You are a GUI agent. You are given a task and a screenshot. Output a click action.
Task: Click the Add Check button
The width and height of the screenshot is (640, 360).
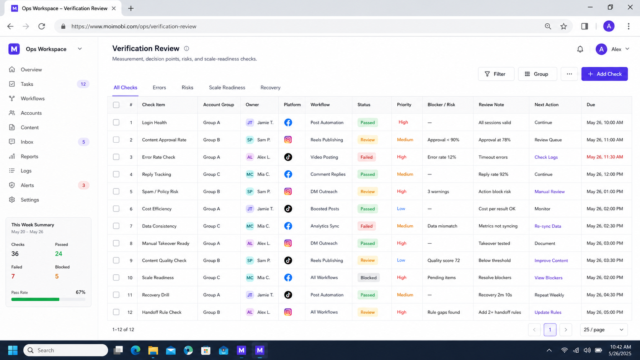tap(604, 74)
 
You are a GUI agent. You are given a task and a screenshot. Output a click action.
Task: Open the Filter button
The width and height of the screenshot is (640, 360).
tap(496, 74)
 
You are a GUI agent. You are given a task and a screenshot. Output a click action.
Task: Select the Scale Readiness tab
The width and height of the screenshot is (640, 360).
tap(227, 88)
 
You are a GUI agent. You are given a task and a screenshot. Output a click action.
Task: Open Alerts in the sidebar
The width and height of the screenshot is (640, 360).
tap(27, 185)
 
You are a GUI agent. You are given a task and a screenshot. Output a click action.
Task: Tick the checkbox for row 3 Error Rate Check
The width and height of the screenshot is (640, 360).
tap(116, 157)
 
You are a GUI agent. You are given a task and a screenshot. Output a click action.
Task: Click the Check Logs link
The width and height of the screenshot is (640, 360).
tap(546, 157)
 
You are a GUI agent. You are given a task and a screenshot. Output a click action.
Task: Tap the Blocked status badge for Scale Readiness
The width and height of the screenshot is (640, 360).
tap(368, 277)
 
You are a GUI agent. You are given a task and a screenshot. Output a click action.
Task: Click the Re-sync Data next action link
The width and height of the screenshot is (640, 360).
tap(548, 226)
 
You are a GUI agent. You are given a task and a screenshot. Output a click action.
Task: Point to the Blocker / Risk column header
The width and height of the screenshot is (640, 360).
tap(441, 104)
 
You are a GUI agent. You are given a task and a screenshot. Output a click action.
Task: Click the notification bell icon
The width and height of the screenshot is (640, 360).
tap(580, 49)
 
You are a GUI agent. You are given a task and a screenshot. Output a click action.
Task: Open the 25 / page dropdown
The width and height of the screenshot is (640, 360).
tap(604, 330)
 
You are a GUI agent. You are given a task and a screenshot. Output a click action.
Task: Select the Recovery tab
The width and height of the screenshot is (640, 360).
tap(270, 88)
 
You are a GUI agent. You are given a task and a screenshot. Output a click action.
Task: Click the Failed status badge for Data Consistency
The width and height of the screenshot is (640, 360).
tap(366, 226)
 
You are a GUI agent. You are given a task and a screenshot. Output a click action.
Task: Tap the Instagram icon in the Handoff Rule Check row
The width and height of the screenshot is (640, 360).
tap(288, 312)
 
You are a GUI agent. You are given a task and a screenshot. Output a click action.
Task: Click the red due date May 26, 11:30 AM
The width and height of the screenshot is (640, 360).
tap(604, 157)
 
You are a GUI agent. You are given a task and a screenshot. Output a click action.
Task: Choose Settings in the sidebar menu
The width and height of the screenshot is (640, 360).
tap(30, 200)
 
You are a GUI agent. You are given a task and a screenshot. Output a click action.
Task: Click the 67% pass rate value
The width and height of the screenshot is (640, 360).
tap(80, 292)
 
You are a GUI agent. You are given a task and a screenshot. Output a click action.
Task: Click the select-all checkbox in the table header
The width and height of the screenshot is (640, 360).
tap(116, 105)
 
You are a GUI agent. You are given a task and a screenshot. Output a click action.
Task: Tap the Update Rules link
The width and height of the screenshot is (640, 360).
tap(548, 312)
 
